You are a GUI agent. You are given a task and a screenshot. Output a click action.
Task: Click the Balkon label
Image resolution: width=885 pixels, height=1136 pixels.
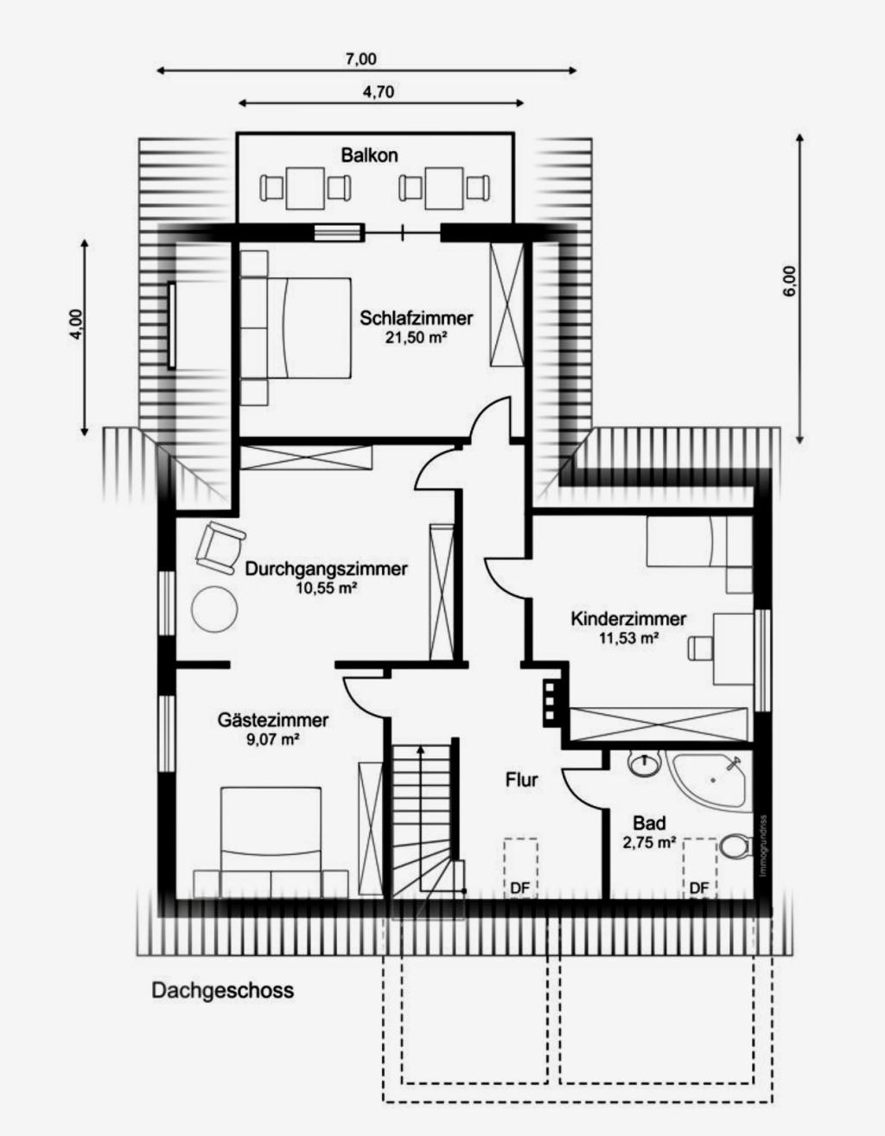click(x=369, y=156)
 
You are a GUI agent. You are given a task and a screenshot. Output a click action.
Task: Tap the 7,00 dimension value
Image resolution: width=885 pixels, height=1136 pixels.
click(x=360, y=59)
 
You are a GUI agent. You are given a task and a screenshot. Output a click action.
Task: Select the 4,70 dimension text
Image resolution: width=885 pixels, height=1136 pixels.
click(x=379, y=92)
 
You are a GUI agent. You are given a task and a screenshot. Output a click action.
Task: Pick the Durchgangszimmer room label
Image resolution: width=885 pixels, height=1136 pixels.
click(x=327, y=569)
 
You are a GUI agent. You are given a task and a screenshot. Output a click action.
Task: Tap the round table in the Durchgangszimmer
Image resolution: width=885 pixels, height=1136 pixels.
click(x=214, y=609)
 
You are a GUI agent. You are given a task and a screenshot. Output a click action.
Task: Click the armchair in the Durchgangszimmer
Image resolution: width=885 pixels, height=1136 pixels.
click(x=220, y=548)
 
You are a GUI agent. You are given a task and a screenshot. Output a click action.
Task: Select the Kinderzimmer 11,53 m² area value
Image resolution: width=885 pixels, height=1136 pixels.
click(x=628, y=638)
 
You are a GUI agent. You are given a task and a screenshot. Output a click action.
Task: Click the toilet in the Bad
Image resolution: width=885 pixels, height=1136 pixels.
click(x=735, y=846)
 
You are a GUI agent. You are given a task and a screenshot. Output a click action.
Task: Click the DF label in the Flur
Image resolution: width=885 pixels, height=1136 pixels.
click(x=519, y=888)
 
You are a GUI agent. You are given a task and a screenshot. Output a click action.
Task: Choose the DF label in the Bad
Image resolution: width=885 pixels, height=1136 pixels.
click(x=699, y=888)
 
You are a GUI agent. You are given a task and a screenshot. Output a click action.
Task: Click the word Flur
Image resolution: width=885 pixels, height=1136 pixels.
click(x=521, y=781)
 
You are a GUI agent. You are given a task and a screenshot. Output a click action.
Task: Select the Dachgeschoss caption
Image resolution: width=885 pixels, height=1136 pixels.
click(x=223, y=991)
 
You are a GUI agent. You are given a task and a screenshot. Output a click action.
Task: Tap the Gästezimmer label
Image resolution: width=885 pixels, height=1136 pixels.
click(x=273, y=720)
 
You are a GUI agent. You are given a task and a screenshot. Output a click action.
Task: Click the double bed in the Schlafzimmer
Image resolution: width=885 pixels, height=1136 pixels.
click(x=296, y=328)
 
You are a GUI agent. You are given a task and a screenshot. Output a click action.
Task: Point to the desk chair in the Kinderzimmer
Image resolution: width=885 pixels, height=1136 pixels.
click(x=700, y=648)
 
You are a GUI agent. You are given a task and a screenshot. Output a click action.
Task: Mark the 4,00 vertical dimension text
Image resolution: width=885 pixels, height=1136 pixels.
click(x=76, y=325)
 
